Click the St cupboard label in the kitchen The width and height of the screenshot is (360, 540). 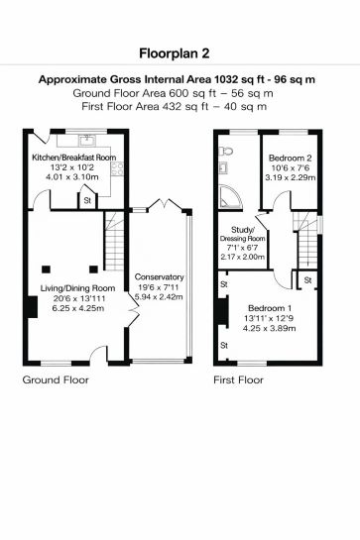[x=87, y=201]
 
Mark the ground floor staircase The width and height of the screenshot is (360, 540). [x=116, y=242]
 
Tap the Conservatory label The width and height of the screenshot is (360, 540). [x=160, y=276]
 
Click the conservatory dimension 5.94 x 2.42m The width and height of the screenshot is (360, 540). [x=160, y=296]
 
